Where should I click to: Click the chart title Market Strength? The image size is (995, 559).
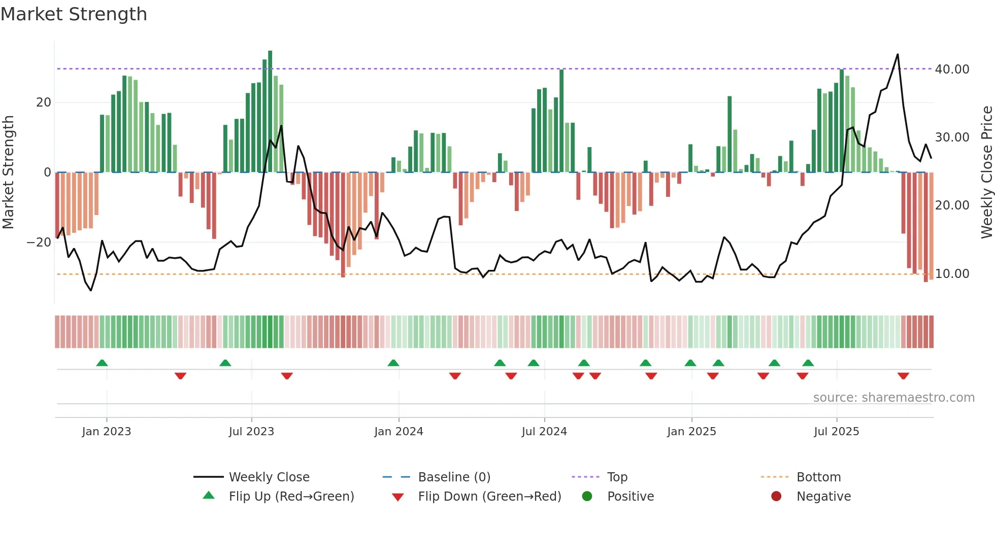tap(74, 14)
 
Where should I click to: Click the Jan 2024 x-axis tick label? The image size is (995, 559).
tap(399, 432)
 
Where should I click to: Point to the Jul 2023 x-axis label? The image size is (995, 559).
tap(251, 432)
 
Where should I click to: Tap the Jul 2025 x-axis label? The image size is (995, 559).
tap(836, 432)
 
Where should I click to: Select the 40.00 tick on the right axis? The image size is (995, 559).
tap(952, 69)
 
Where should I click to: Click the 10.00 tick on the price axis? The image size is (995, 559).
tap(952, 274)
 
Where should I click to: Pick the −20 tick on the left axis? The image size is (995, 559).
tap(39, 242)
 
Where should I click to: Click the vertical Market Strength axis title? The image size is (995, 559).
tap(8, 172)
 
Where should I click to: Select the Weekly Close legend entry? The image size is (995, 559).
tap(269, 477)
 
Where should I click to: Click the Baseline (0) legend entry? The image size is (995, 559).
tap(454, 477)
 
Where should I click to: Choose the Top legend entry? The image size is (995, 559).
tap(617, 477)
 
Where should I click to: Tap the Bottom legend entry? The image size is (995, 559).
tap(818, 477)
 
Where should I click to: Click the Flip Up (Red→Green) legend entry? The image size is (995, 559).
tap(291, 497)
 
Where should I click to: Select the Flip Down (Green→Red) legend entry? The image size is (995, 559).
tap(489, 497)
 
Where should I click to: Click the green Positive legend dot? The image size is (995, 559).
tap(587, 497)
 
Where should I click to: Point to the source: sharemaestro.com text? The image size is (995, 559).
tap(893, 398)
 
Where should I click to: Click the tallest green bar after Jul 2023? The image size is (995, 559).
tap(270, 112)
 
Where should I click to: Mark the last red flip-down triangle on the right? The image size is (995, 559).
tap(903, 376)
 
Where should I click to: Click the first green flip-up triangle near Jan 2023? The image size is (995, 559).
tap(102, 363)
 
